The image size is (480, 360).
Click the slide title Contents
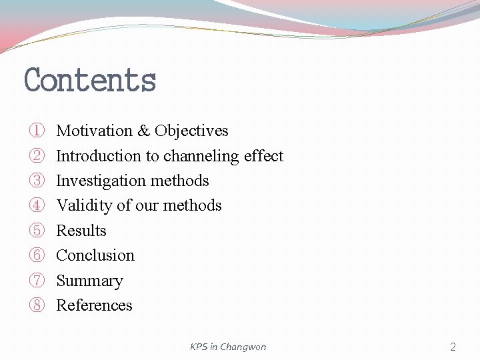(x=90, y=80)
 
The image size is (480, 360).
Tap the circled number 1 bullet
(x=36, y=131)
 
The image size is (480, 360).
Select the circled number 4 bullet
(x=36, y=205)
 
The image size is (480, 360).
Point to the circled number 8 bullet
(x=36, y=305)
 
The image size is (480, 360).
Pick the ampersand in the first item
(x=144, y=131)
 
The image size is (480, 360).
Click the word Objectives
(x=191, y=131)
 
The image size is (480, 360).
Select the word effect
(x=263, y=156)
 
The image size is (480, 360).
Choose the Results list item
(x=81, y=231)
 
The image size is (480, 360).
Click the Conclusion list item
(x=95, y=255)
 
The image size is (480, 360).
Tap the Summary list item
(x=89, y=281)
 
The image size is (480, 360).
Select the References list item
(x=94, y=305)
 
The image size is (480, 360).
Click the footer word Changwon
(x=243, y=347)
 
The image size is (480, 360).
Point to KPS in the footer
(x=199, y=347)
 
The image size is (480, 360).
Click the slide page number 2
(x=453, y=347)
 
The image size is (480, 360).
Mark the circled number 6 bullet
(x=36, y=255)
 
